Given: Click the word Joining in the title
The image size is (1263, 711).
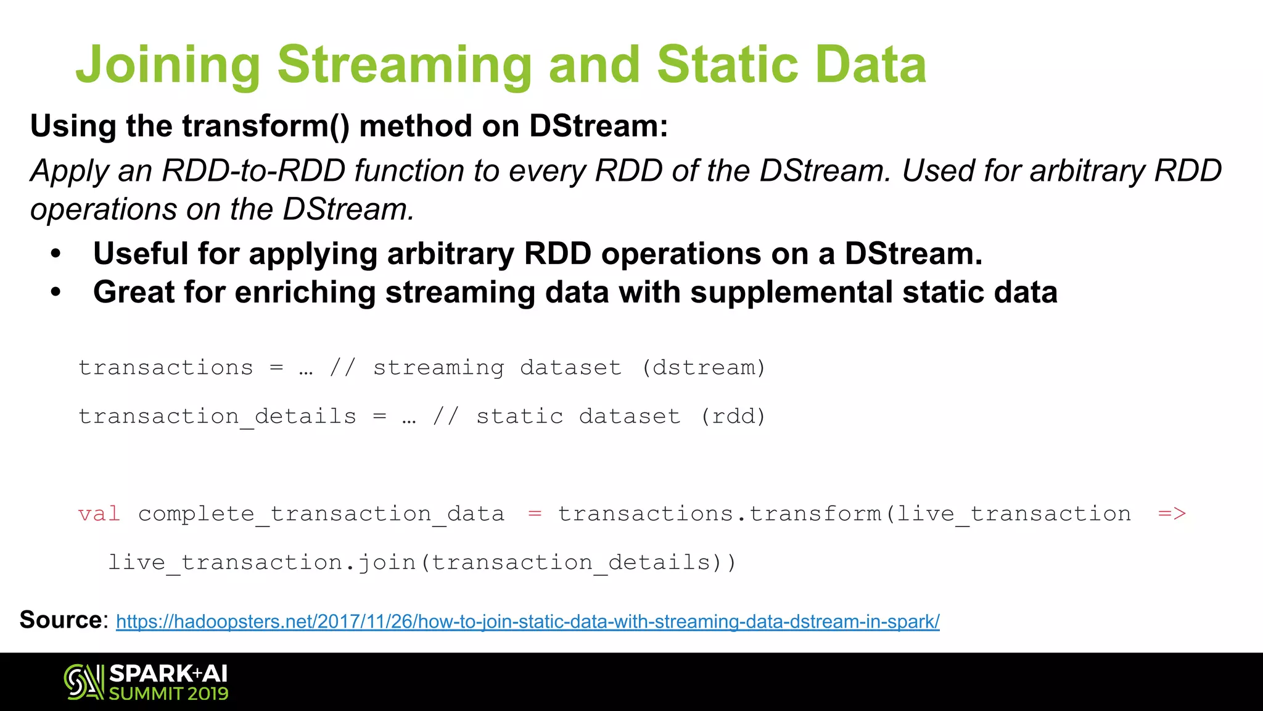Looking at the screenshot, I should click(168, 65).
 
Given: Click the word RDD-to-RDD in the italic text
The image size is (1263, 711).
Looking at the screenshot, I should click(253, 171).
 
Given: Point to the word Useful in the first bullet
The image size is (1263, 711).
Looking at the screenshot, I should click(140, 254).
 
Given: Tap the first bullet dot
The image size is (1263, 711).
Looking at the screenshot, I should click(56, 254).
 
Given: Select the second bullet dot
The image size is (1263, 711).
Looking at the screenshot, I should click(56, 293).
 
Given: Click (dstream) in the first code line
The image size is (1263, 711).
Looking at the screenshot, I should click(704, 368).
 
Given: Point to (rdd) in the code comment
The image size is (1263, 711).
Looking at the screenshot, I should click(733, 417).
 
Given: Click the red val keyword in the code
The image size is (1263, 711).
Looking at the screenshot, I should click(99, 513).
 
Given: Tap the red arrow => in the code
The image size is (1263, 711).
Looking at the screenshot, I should click(1172, 513).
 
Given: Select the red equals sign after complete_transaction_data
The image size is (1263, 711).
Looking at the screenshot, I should click(535, 513).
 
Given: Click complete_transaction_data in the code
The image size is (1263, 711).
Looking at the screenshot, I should click(321, 514).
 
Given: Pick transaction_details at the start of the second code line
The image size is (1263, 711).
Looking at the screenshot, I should click(217, 417).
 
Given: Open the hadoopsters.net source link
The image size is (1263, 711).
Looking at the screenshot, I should click(527, 622).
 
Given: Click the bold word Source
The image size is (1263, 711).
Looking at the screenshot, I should click(60, 620).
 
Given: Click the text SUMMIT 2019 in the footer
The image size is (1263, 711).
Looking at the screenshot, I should click(169, 694).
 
